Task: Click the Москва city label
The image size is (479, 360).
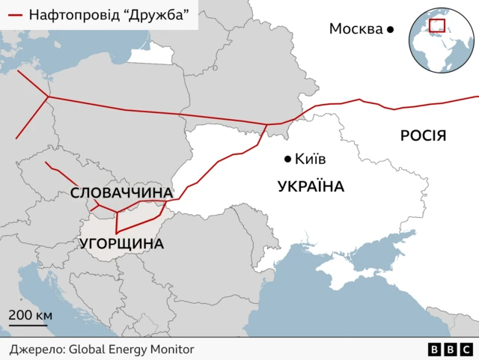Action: (x=356, y=29)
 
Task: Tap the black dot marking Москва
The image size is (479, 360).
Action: (x=390, y=29)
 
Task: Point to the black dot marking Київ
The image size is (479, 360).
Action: (x=287, y=159)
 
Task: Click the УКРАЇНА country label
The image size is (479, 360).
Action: (x=311, y=186)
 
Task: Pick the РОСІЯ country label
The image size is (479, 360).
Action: (x=423, y=135)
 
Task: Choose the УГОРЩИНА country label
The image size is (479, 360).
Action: (x=121, y=243)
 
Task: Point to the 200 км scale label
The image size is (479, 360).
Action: (x=30, y=314)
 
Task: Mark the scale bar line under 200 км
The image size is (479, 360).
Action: (x=28, y=325)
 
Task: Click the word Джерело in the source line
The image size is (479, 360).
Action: (x=37, y=349)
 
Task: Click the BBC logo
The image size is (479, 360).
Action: (x=450, y=350)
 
